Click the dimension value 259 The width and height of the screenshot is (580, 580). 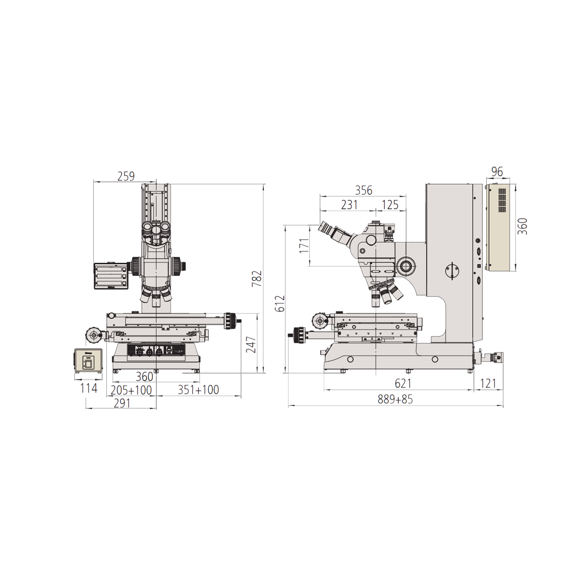(x=126, y=176)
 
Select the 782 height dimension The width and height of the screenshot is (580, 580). (x=257, y=279)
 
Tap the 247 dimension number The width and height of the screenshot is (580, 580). (x=251, y=344)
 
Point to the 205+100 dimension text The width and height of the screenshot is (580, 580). (x=131, y=390)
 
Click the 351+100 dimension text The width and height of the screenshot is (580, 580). (x=198, y=390)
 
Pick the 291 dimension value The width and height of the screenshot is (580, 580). (x=122, y=403)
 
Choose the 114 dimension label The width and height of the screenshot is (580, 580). (x=88, y=388)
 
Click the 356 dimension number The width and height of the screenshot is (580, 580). (x=363, y=190)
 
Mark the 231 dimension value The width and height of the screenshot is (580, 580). (x=349, y=205)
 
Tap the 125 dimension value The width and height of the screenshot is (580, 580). (x=390, y=205)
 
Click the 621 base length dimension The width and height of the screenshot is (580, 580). (x=403, y=383)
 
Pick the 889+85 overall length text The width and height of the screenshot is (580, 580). (x=395, y=400)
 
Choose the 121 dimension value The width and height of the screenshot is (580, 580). (x=488, y=383)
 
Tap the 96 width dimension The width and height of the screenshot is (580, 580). (x=497, y=172)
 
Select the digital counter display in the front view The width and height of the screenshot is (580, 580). (x=112, y=275)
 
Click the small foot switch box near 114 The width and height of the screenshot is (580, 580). (x=88, y=361)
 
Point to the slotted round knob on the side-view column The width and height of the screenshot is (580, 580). (x=452, y=271)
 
